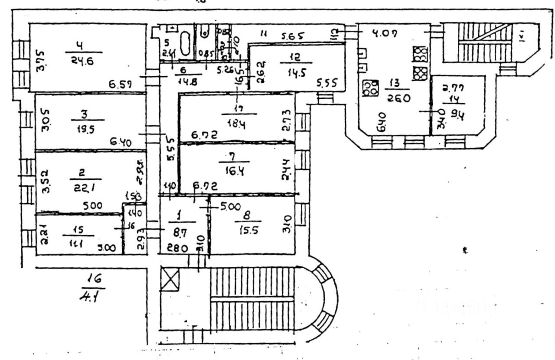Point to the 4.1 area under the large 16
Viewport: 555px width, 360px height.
click(x=88, y=298)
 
